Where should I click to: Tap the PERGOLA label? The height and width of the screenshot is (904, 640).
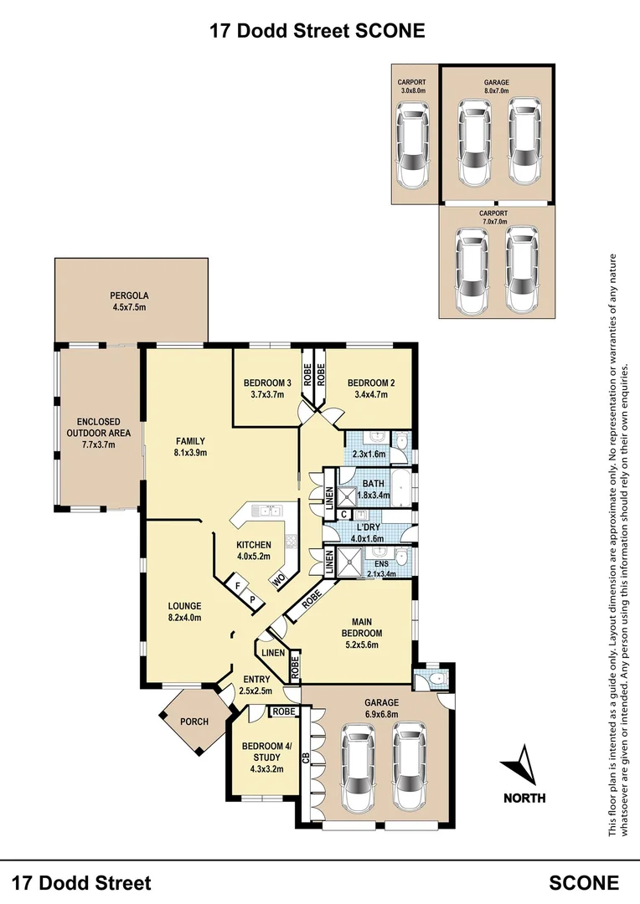click(129, 295)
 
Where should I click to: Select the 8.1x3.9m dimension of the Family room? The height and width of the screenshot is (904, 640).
click(190, 453)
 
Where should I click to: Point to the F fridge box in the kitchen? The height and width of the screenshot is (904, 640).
click(236, 586)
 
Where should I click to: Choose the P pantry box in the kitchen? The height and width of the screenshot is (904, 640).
click(252, 600)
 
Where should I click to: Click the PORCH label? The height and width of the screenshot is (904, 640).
click(194, 722)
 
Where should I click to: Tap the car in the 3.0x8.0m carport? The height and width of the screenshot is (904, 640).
click(413, 146)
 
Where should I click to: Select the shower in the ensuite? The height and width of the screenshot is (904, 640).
click(349, 561)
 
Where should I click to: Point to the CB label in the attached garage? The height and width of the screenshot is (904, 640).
click(307, 757)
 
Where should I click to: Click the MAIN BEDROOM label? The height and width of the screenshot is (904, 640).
click(362, 627)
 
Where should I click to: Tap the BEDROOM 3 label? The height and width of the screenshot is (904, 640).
click(267, 383)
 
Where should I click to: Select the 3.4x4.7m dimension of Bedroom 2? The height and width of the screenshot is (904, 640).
click(371, 395)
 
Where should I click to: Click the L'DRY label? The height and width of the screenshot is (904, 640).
click(368, 527)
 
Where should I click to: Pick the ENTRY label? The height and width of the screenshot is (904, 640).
click(256, 680)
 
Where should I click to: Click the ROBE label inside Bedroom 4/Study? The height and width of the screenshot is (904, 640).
click(283, 712)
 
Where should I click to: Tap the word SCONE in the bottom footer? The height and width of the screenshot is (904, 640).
click(584, 882)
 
